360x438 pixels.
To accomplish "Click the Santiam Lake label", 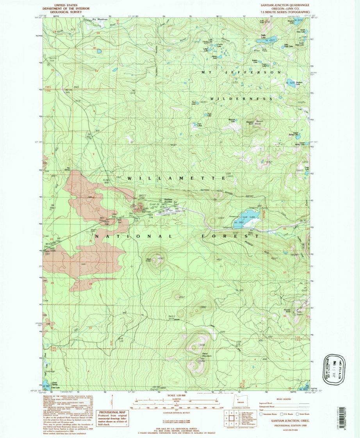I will [x=299, y=83].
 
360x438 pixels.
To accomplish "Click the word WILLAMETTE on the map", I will [x=176, y=178].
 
